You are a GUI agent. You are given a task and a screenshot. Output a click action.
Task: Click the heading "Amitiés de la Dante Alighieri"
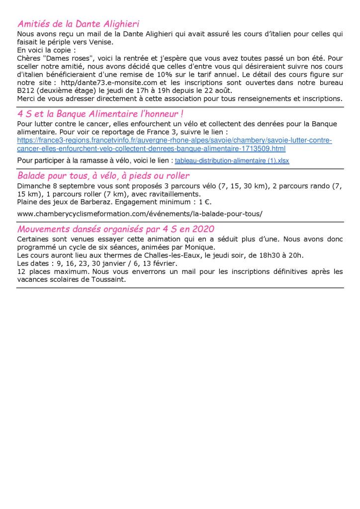(78, 23)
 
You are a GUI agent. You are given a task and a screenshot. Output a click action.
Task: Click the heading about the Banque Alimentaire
(101, 114)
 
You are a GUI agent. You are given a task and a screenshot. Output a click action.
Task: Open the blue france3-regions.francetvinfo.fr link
(174, 145)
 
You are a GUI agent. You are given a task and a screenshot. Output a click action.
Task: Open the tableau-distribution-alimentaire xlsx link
(232, 161)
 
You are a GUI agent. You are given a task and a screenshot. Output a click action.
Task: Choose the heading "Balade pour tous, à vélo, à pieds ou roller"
(103, 175)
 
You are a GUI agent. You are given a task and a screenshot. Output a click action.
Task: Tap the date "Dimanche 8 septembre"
(54, 186)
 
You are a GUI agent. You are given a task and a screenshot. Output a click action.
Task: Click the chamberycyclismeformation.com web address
(140, 214)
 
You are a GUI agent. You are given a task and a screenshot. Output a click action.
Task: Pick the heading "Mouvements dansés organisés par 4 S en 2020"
(116, 229)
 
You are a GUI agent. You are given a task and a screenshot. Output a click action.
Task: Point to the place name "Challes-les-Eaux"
(165, 255)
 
